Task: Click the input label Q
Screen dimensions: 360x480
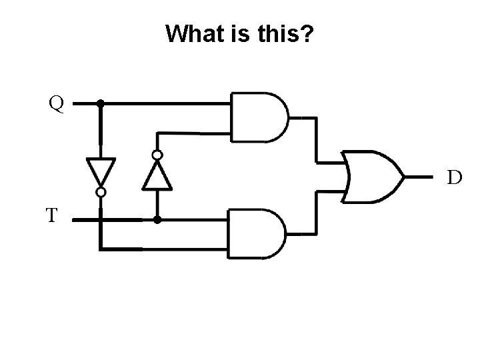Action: pyautogui.click(x=56, y=103)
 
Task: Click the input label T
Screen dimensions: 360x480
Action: pyautogui.click(x=52, y=215)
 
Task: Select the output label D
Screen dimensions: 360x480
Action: pyautogui.click(x=454, y=177)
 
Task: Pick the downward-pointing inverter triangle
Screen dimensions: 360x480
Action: pyautogui.click(x=101, y=171)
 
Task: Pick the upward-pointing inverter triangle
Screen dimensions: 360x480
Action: pyautogui.click(x=157, y=175)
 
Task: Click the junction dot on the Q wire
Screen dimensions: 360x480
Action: pyautogui.click(x=101, y=103)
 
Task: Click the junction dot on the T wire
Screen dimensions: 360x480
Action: pyautogui.click(x=157, y=219)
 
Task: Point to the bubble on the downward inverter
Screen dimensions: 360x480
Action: pyautogui.click(x=101, y=192)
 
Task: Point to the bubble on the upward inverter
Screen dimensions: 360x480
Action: pyautogui.click(x=157, y=155)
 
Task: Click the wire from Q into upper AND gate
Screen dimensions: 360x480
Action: pyautogui.click(x=167, y=103)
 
